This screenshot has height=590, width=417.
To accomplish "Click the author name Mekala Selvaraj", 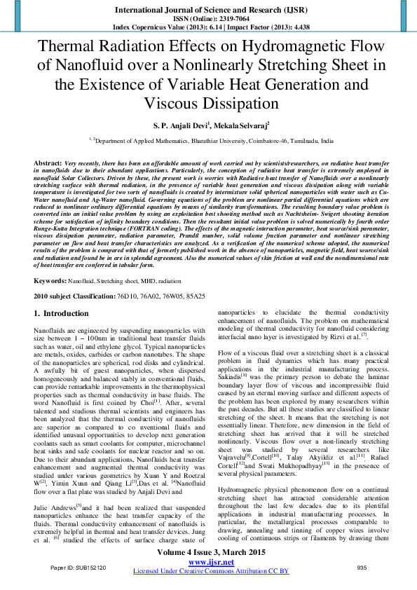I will click(x=231, y=126).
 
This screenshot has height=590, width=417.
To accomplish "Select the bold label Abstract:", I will click(x=48, y=163).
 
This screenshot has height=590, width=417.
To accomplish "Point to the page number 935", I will click(x=362, y=567).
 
